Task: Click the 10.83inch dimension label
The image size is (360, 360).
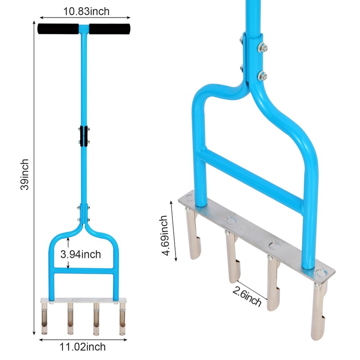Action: tap(86, 11)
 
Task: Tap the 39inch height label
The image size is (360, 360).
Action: tap(25, 174)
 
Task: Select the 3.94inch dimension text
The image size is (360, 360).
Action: tap(81, 254)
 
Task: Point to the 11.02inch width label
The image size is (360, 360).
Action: tap(83, 346)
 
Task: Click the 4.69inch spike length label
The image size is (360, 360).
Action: tap(164, 235)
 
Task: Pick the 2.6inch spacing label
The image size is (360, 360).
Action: tap(247, 297)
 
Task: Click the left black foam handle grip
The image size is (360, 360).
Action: tap(58, 29)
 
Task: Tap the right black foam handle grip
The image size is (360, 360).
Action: tap(110, 29)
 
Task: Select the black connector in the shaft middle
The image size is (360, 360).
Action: tap(84, 136)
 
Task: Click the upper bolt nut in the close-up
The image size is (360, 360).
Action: tap(262, 48)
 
